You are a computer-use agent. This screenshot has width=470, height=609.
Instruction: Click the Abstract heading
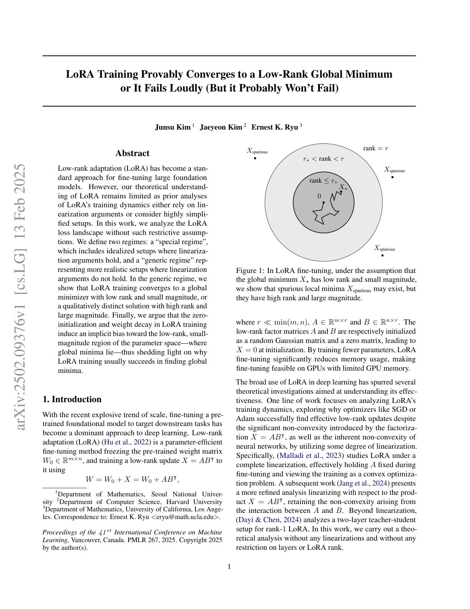(132, 153)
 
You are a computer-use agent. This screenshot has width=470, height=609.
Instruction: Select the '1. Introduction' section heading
(72, 399)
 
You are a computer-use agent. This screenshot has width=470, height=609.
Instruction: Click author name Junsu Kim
(172, 127)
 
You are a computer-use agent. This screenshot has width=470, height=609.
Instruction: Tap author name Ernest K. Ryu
(275, 127)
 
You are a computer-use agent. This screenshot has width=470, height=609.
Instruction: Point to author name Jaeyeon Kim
(221, 127)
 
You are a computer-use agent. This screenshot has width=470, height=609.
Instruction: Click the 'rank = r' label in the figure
(376, 148)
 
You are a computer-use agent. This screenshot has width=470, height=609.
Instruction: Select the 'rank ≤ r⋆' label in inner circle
(323, 181)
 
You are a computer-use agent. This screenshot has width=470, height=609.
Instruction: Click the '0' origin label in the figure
(319, 196)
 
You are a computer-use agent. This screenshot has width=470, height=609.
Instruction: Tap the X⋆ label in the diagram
(343, 187)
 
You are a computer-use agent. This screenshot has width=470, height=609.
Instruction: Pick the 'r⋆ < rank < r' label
(323, 159)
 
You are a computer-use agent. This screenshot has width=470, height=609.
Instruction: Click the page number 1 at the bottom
(229, 567)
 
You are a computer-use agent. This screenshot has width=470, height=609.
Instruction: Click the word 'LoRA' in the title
(81, 74)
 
